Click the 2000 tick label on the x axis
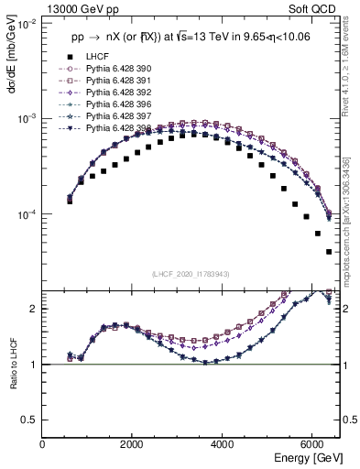click(133, 442)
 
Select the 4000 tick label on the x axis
click(223, 442)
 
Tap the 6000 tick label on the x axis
click(312, 442)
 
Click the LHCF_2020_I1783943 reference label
click(191, 275)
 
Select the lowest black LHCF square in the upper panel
click(329, 251)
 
